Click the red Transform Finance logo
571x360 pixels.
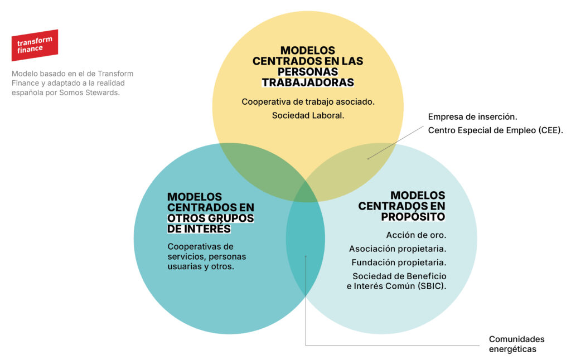[x=35, y=45]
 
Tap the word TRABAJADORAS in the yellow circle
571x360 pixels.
[x=308, y=82]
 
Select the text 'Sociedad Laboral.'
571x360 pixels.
[x=308, y=116]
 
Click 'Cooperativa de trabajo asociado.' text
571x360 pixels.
[x=308, y=102]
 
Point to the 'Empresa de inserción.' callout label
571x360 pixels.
[x=473, y=117]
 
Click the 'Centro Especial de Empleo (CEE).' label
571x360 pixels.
[x=496, y=130]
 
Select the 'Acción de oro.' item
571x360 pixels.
[x=416, y=235]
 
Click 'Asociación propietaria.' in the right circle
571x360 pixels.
[x=398, y=249]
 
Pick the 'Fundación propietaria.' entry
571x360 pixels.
[x=399, y=262]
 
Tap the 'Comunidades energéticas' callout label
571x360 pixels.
[x=516, y=344]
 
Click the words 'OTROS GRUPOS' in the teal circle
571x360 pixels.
[x=211, y=218]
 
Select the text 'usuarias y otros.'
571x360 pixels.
[x=201, y=267]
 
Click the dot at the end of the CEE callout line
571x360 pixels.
[x=368, y=158]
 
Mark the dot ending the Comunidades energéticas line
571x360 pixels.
[x=306, y=256]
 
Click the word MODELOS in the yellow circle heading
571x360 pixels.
[x=308, y=50]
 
